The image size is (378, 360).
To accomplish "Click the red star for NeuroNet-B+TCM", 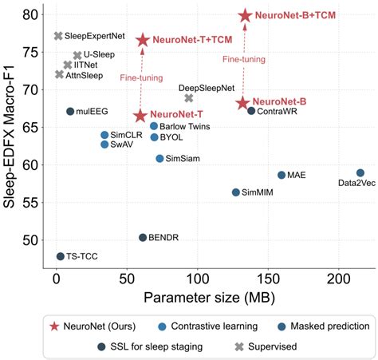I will tap(245, 15).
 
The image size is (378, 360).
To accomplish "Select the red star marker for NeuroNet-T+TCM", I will tap(143, 40).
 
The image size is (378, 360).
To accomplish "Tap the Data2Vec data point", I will tap(360, 172).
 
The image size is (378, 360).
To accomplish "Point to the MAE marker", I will tap(281, 175).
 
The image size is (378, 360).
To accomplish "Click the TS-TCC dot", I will tap(61, 256).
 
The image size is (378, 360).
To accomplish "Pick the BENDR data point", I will tap(143, 237).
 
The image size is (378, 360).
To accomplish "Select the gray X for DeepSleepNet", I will tap(189, 98).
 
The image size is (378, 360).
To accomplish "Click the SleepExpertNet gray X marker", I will tap(58, 36).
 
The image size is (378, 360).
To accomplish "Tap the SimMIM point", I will tap(235, 192).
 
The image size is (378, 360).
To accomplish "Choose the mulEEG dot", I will tap(70, 111).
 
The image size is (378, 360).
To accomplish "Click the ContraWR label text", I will tap(277, 111).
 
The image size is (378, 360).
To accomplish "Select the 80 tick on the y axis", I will tap(30, 14).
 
